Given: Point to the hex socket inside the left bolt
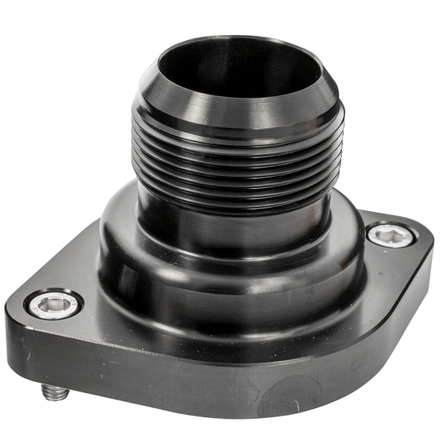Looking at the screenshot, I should click(54, 304).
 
